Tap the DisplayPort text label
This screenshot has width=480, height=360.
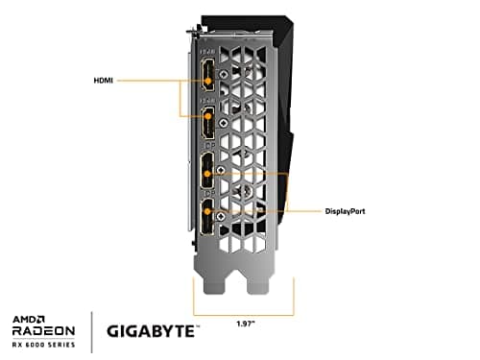351,209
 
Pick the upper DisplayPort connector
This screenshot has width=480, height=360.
207,173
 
